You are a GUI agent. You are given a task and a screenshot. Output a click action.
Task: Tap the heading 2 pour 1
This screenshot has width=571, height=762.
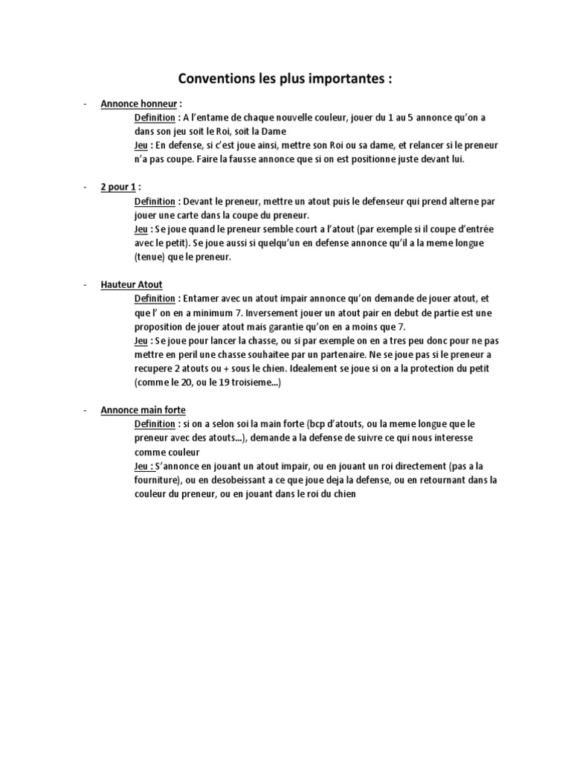tap(118, 187)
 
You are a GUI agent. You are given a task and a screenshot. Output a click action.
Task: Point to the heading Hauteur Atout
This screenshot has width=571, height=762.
tap(132, 284)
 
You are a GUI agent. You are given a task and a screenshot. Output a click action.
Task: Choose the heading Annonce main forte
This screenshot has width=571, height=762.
tap(143, 410)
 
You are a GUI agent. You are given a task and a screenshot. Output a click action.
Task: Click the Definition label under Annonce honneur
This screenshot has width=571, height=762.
tap(155, 118)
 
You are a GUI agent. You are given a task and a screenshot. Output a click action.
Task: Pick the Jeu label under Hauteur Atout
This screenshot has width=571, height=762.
tap(141, 340)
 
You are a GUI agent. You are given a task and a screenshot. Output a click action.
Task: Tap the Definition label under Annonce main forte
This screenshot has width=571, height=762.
tap(155, 423)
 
